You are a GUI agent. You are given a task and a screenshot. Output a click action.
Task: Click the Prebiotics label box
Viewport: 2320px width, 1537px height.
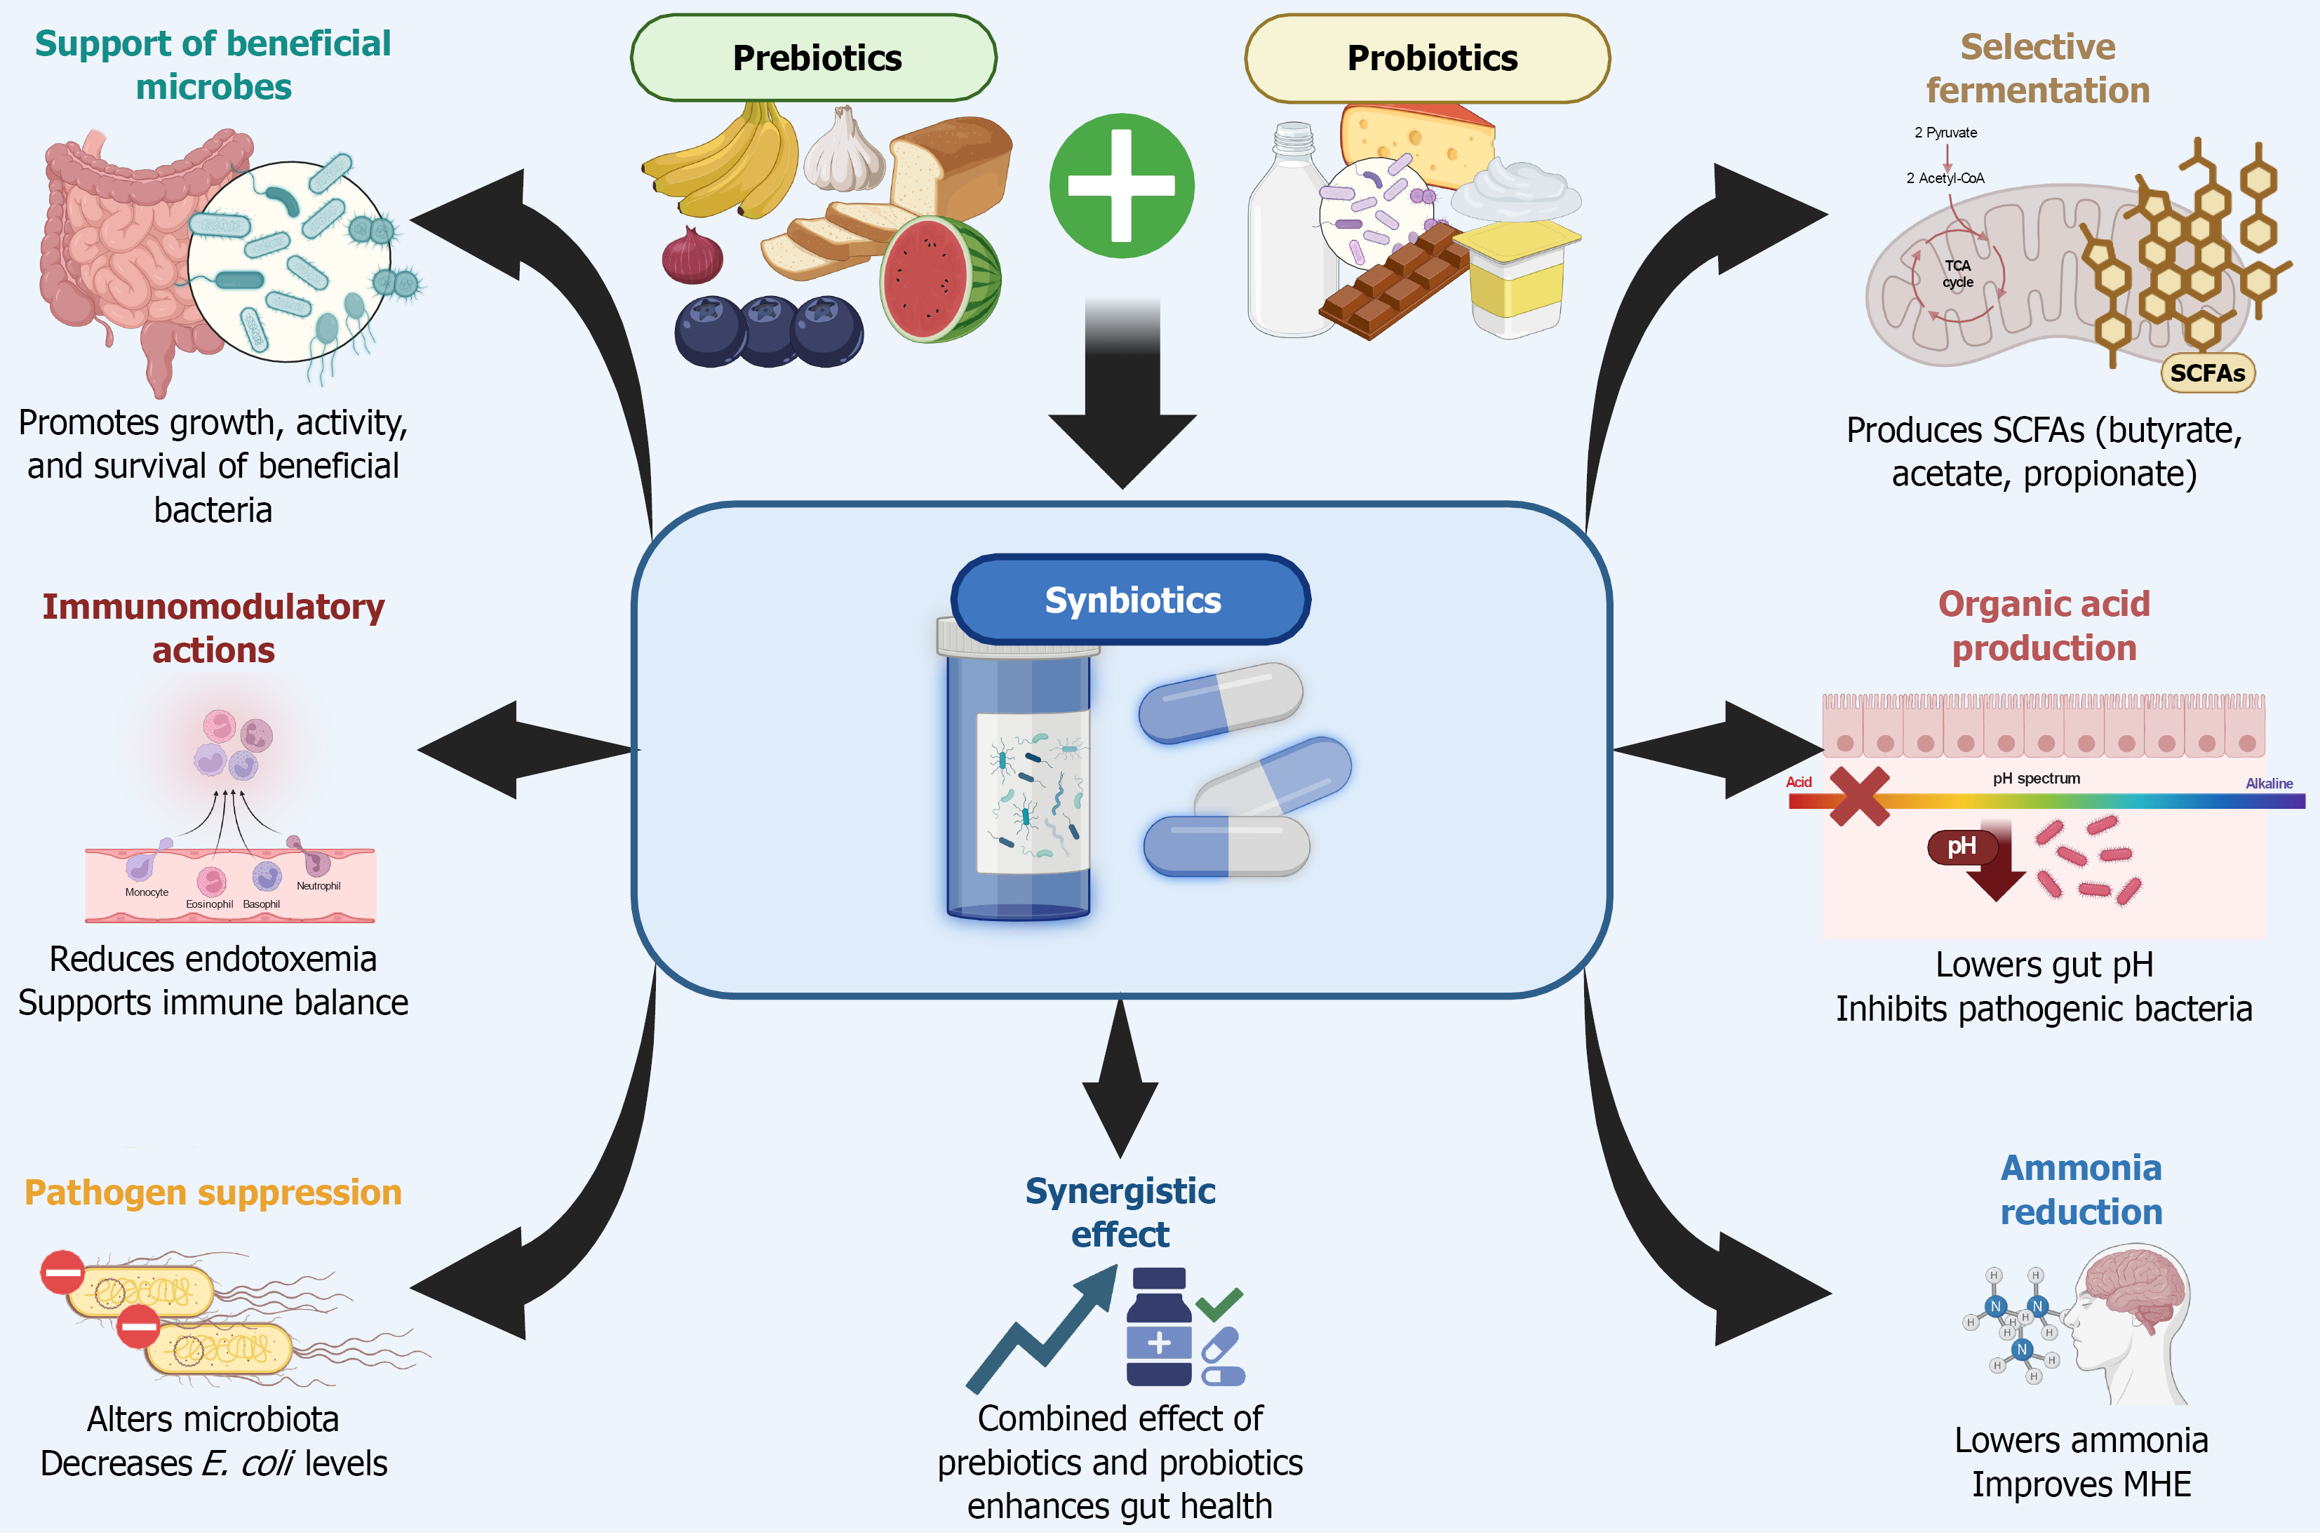pos(814,58)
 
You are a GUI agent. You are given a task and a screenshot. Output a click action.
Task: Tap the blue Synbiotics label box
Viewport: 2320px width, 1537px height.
pos(1131,600)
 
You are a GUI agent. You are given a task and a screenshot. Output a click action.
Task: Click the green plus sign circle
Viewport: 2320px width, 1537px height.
pos(1121,186)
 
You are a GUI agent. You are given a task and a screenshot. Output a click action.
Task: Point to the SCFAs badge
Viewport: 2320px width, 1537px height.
pos(2207,373)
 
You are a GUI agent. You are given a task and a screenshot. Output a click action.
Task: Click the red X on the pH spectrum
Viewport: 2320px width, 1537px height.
pos(1859,796)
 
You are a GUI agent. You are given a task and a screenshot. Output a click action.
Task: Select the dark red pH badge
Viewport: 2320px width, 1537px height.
pos(1962,846)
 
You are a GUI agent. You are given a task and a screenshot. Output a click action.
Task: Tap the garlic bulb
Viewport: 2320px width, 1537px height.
pos(844,152)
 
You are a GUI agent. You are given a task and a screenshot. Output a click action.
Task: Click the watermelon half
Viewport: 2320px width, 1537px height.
pos(939,279)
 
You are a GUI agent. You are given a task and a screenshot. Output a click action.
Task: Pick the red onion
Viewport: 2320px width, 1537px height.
pos(692,257)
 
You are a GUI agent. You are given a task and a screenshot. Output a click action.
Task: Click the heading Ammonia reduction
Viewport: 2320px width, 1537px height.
pos(2081,1190)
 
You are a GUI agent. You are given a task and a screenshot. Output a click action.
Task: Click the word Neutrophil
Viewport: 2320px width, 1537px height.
pos(319,886)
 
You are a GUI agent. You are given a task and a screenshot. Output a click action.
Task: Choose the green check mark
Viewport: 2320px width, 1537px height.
pos(1219,1303)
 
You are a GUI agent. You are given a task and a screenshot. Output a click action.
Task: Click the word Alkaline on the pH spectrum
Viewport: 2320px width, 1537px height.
pos(2268,783)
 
